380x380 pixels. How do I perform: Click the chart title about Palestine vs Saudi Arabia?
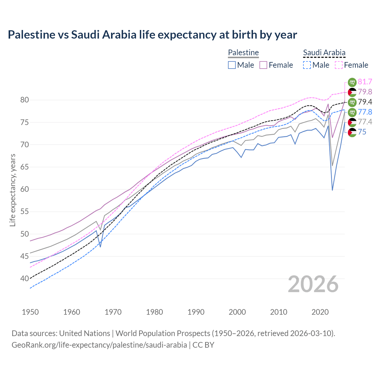point(152,35)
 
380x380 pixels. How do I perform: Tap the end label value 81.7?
point(365,82)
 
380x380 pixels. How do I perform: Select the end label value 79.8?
point(365,92)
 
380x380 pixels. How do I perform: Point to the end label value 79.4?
point(365,102)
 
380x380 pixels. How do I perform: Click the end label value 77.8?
point(365,112)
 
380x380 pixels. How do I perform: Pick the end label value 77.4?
point(365,122)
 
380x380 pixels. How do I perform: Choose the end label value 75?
point(362,132)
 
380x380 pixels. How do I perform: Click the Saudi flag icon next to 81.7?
point(352,82)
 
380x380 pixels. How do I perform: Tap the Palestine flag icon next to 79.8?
point(352,92)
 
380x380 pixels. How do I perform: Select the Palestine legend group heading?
point(243,53)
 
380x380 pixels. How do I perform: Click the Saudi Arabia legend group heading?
point(324,53)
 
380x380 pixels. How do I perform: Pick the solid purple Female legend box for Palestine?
point(264,65)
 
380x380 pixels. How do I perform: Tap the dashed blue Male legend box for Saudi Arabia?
point(307,65)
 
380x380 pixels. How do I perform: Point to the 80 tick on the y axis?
point(25,100)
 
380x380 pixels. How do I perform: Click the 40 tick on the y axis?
point(25,279)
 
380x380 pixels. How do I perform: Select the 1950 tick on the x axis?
point(30,312)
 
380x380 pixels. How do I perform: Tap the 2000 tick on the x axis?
point(237,312)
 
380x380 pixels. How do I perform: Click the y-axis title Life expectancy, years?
point(12,190)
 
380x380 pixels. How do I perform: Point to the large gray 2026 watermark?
point(313,284)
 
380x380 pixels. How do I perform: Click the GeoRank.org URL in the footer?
point(99,345)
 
